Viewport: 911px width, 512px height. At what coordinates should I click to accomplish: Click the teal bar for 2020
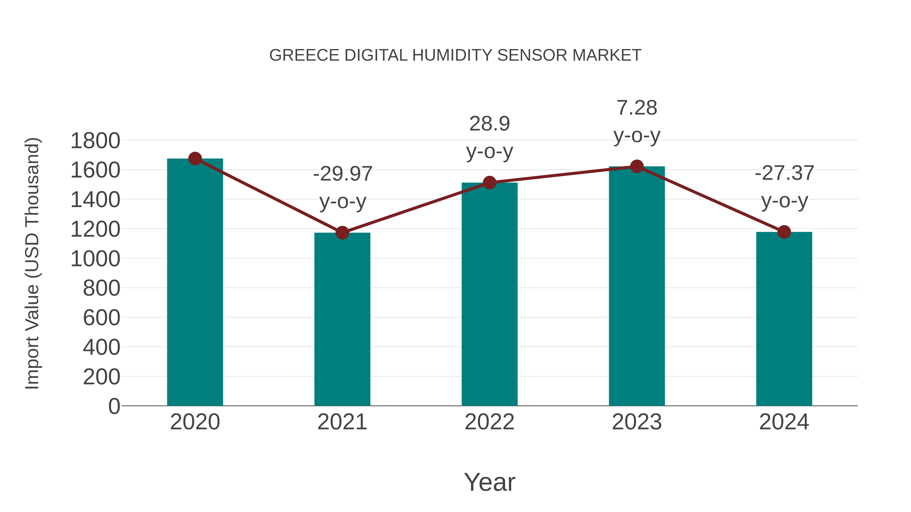click(195, 283)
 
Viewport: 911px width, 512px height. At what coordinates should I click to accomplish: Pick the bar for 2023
click(637, 286)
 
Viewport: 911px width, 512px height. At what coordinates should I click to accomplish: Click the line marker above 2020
click(195, 159)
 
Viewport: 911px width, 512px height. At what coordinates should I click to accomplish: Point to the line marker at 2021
click(342, 233)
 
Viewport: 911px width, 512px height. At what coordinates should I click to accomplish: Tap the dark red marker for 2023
click(637, 166)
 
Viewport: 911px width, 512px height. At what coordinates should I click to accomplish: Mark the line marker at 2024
click(784, 232)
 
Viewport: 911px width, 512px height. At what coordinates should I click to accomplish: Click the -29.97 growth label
click(342, 174)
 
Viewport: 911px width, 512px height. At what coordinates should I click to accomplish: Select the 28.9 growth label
click(489, 124)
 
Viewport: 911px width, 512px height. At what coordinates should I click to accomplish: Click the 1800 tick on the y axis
click(95, 141)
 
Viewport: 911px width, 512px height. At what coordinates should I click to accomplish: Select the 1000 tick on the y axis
click(95, 259)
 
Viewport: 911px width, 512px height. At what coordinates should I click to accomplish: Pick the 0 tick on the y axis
click(114, 406)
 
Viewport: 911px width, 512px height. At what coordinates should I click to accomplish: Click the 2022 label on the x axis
click(489, 422)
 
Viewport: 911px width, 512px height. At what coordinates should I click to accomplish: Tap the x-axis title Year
click(489, 482)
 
